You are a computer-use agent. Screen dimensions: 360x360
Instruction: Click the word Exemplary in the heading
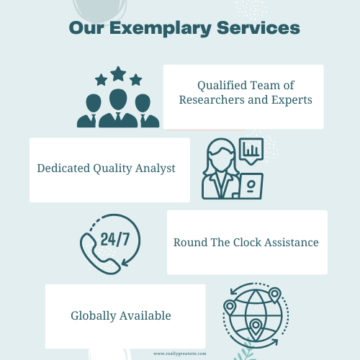pyautogui.click(x=160, y=29)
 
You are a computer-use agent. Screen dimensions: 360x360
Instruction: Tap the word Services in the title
pyautogui.click(x=258, y=28)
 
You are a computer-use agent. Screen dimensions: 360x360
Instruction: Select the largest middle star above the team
pyautogui.click(x=118, y=73)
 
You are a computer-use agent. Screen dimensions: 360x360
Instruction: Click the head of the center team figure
pyautogui.click(x=118, y=99)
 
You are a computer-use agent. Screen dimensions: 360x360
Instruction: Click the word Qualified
pyautogui.click(x=222, y=86)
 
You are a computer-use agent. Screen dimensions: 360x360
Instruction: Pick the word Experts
pyautogui.click(x=292, y=100)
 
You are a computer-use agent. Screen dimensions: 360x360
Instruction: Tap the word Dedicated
pyautogui.click(x=63, y=168)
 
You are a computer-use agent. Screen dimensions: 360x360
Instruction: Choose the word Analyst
pyautogui.click(x=156, y=168)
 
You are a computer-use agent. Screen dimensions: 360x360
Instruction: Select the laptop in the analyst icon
pyautogui.click(x=251, y=186)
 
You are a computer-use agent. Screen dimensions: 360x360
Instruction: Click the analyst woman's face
pyautogui.click(x=221, y=158)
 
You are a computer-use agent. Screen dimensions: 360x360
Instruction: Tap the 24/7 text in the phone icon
pyautogui.click(x=115, y=239)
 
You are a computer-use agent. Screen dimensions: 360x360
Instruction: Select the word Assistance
pyautogui.click(x=292, y=243)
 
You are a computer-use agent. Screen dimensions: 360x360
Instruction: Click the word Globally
pyautogui.click(x=94, y=316)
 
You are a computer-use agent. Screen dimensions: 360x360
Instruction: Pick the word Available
pyautogui.click(x=145, y=315)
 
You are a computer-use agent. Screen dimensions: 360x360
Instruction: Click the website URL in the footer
pyautogui.click(x=180, y=354)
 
